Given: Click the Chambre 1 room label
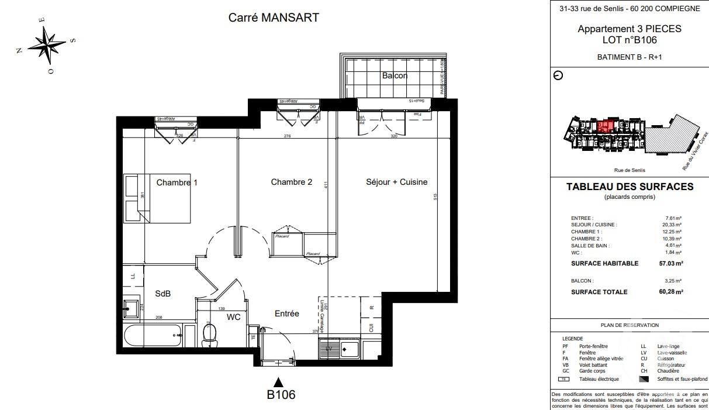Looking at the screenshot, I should click(x=177, y=182).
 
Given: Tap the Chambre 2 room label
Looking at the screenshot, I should click(x=291, y=182).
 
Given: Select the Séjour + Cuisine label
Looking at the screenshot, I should click(x=396, y=182).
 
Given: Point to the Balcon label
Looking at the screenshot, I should click(x=395, y=75).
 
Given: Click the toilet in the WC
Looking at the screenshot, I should click(x=209, y=334).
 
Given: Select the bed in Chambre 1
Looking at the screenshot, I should click(x=157, y=198).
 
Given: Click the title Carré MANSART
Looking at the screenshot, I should click(x=274, y=18).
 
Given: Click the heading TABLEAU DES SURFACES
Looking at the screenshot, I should click(x=630, y=187).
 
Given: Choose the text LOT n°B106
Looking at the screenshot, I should click(x=630, y=40).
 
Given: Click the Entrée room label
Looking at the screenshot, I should click(x=286, y=313).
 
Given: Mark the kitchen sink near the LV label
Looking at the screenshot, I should click(x=350, y=349).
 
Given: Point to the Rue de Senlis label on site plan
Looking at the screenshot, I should click(x=630, y=170).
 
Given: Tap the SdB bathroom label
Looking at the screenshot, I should click(x=162, y=294).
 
